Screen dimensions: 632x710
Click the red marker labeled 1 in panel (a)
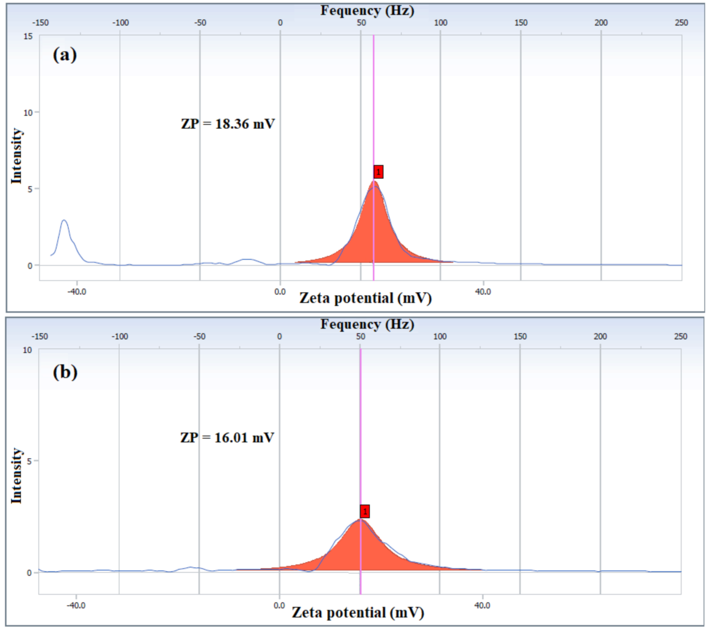378,172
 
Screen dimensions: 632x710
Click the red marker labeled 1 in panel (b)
364,511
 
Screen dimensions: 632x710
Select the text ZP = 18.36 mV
228,124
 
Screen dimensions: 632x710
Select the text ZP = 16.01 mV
227,438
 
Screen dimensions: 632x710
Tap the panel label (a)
65,55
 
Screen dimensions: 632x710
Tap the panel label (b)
65,372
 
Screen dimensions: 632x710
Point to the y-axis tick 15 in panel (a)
28,37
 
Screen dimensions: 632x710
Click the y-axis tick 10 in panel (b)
27,350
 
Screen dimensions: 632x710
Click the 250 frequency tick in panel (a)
681,23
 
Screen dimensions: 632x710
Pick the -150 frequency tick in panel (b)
40,337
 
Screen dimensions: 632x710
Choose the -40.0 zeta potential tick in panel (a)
77,292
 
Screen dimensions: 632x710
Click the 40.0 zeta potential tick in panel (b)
482,606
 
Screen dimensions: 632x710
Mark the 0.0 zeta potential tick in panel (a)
280,292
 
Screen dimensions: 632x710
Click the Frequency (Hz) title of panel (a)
367,10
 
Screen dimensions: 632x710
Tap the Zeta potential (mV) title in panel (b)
358,612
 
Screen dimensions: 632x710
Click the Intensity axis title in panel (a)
16,156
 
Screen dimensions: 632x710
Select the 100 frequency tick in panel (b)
440,337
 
